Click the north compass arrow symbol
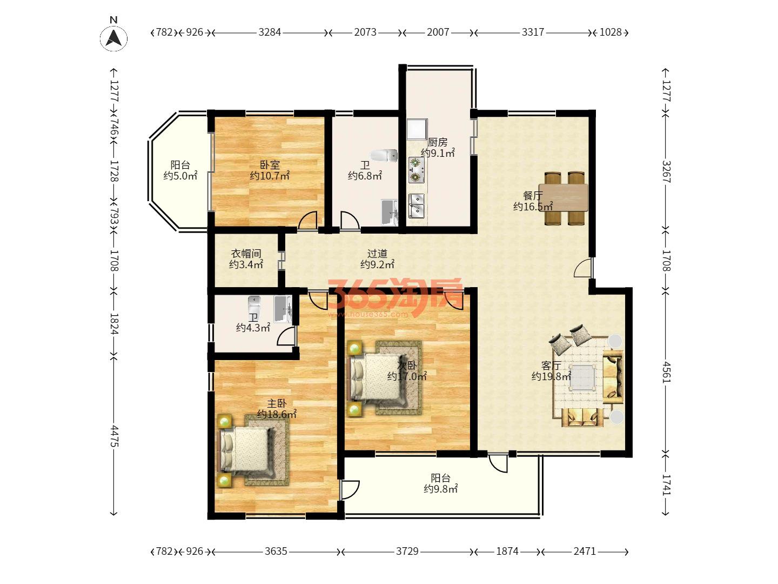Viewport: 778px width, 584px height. point(113,38)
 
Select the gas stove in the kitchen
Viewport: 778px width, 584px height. point(416,170)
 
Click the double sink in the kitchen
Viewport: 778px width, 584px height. point(416,206)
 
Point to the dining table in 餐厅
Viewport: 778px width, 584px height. point(563,198)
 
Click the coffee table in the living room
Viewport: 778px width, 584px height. point(582,377)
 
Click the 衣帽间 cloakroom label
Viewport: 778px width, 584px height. point(246,254)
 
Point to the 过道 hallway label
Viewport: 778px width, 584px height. point(377,254)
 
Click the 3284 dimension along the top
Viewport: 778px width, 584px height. point(270,32)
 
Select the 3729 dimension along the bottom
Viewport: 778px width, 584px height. point(407,551)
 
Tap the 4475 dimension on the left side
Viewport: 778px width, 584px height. point(114,436)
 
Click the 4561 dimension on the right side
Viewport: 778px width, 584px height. point(667,373)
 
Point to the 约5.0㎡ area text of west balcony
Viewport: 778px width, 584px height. point(180,176)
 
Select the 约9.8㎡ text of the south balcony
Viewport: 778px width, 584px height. point(440,489)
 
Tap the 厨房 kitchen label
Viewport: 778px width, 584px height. point(438,142)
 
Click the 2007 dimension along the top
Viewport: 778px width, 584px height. point(438,32)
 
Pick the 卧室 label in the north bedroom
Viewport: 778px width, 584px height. point(270,165)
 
